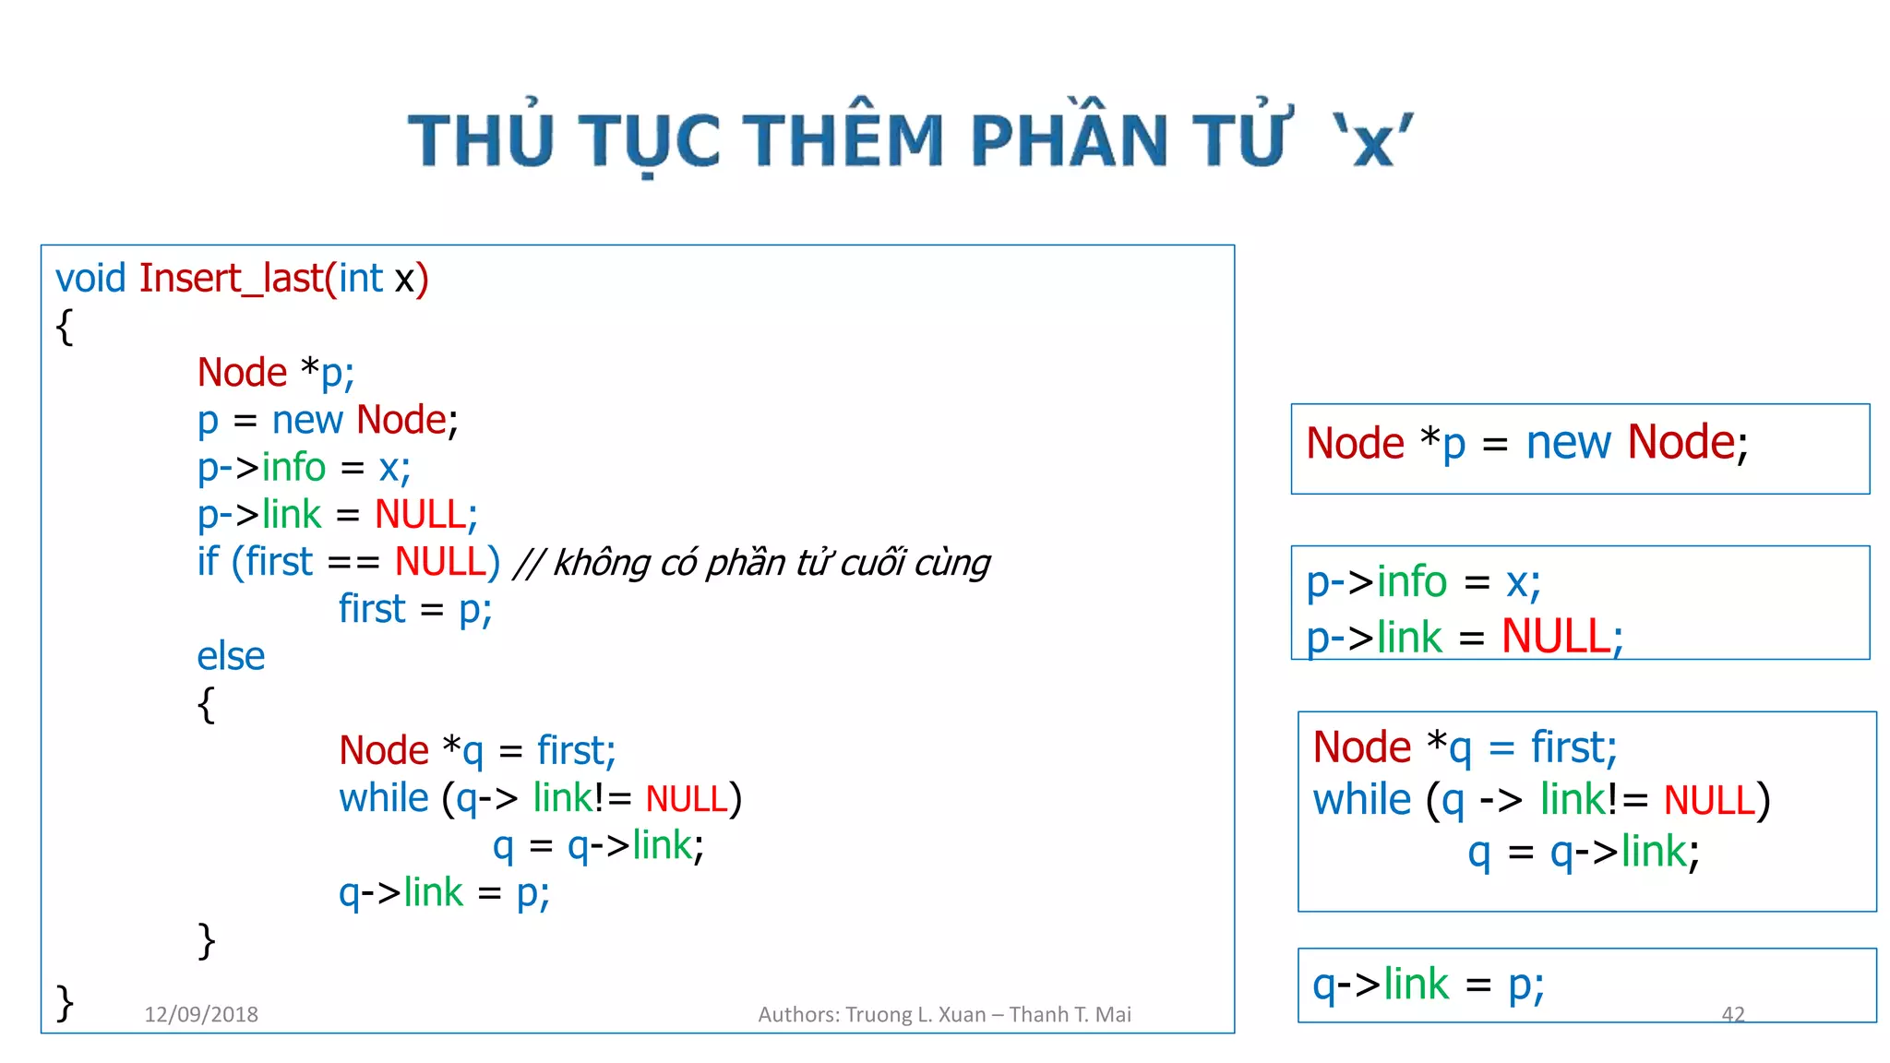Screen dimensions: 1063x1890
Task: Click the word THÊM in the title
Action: pos(843,140)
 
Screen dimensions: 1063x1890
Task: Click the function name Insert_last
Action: pos(231,278)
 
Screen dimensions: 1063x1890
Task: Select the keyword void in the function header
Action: pos(90,278)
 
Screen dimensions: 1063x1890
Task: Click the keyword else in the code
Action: pos(231,656)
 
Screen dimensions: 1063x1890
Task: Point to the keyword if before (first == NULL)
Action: pos(208,561)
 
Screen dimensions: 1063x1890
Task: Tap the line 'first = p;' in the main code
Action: pos(415,609)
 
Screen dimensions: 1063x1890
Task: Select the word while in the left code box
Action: pos(383,798)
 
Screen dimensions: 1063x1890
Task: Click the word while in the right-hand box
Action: pos(1361,799)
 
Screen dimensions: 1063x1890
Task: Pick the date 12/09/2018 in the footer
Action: pos(201,1014)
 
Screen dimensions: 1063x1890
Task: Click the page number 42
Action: pos(1732,1014)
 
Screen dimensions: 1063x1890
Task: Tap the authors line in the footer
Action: pos(944,1014)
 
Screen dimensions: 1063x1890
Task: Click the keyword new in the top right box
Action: pos(1568,443)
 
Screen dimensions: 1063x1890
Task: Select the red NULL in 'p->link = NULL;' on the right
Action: pos(1556,637)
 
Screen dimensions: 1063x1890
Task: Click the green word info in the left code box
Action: pos(293,467)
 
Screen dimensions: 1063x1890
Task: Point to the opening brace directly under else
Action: pos(206,704)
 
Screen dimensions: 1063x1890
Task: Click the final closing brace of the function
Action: pos(65,1002)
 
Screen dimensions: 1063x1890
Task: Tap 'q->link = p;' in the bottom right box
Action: pos(1428,985)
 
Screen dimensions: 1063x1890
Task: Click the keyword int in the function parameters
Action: pos(360,278)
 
